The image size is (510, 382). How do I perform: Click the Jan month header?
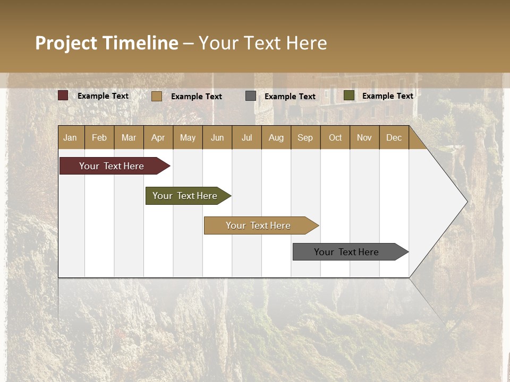70,137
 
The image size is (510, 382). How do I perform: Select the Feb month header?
99,137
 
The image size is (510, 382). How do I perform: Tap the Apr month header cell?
158,137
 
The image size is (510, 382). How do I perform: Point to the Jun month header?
217,137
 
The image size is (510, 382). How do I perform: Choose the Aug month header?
276,137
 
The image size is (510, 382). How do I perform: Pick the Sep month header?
305,137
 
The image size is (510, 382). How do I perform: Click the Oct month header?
335,137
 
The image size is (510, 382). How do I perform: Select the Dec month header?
394,137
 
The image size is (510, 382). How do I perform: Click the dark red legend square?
63,95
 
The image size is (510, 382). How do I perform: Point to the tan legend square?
157,96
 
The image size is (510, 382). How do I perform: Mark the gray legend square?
251,96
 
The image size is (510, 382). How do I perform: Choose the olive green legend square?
349,95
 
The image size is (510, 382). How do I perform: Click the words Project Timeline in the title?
107,43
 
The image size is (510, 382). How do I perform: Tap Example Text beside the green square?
388,96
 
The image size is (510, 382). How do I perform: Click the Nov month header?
364,137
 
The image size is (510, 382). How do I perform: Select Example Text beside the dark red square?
103,96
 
